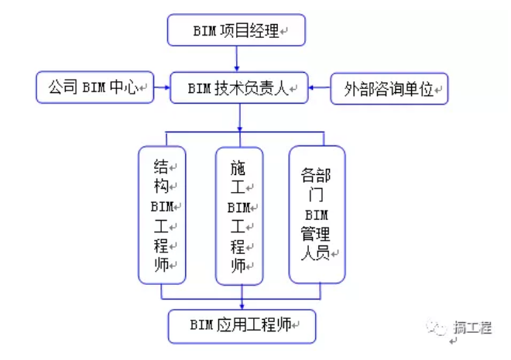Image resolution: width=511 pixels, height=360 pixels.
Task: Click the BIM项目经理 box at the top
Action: (237, 31)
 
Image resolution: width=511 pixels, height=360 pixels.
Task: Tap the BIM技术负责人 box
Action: (238, 88)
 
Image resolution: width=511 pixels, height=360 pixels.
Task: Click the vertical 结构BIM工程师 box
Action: (162, 214)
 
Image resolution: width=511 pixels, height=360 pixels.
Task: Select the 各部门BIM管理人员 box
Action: (316, 214)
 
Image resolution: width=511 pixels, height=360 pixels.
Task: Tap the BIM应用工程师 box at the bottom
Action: (243, 325)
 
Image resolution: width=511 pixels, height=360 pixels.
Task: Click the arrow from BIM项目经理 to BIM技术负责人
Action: (238, 58)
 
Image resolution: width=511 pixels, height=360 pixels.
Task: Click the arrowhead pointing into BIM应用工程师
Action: (242, 304)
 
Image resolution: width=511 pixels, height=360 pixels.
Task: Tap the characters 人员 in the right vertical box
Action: (315, 252)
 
